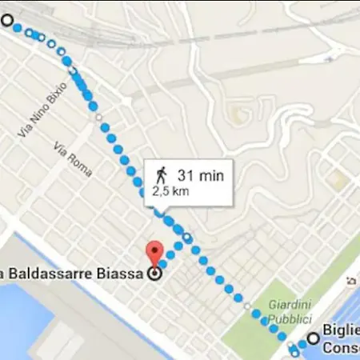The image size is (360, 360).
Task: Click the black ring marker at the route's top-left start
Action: click(7, 22)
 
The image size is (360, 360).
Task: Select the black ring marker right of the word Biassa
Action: click(154, 274)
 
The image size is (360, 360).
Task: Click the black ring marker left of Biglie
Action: click(313, 338)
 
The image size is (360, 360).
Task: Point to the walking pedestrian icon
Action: click(161, 174)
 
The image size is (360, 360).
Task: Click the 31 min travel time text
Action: click(200, 175)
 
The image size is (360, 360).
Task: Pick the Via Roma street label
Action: click(73, 160)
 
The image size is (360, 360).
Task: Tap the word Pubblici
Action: click(286, 318)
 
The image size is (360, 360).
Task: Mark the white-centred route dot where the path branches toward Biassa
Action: click(186, 238)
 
